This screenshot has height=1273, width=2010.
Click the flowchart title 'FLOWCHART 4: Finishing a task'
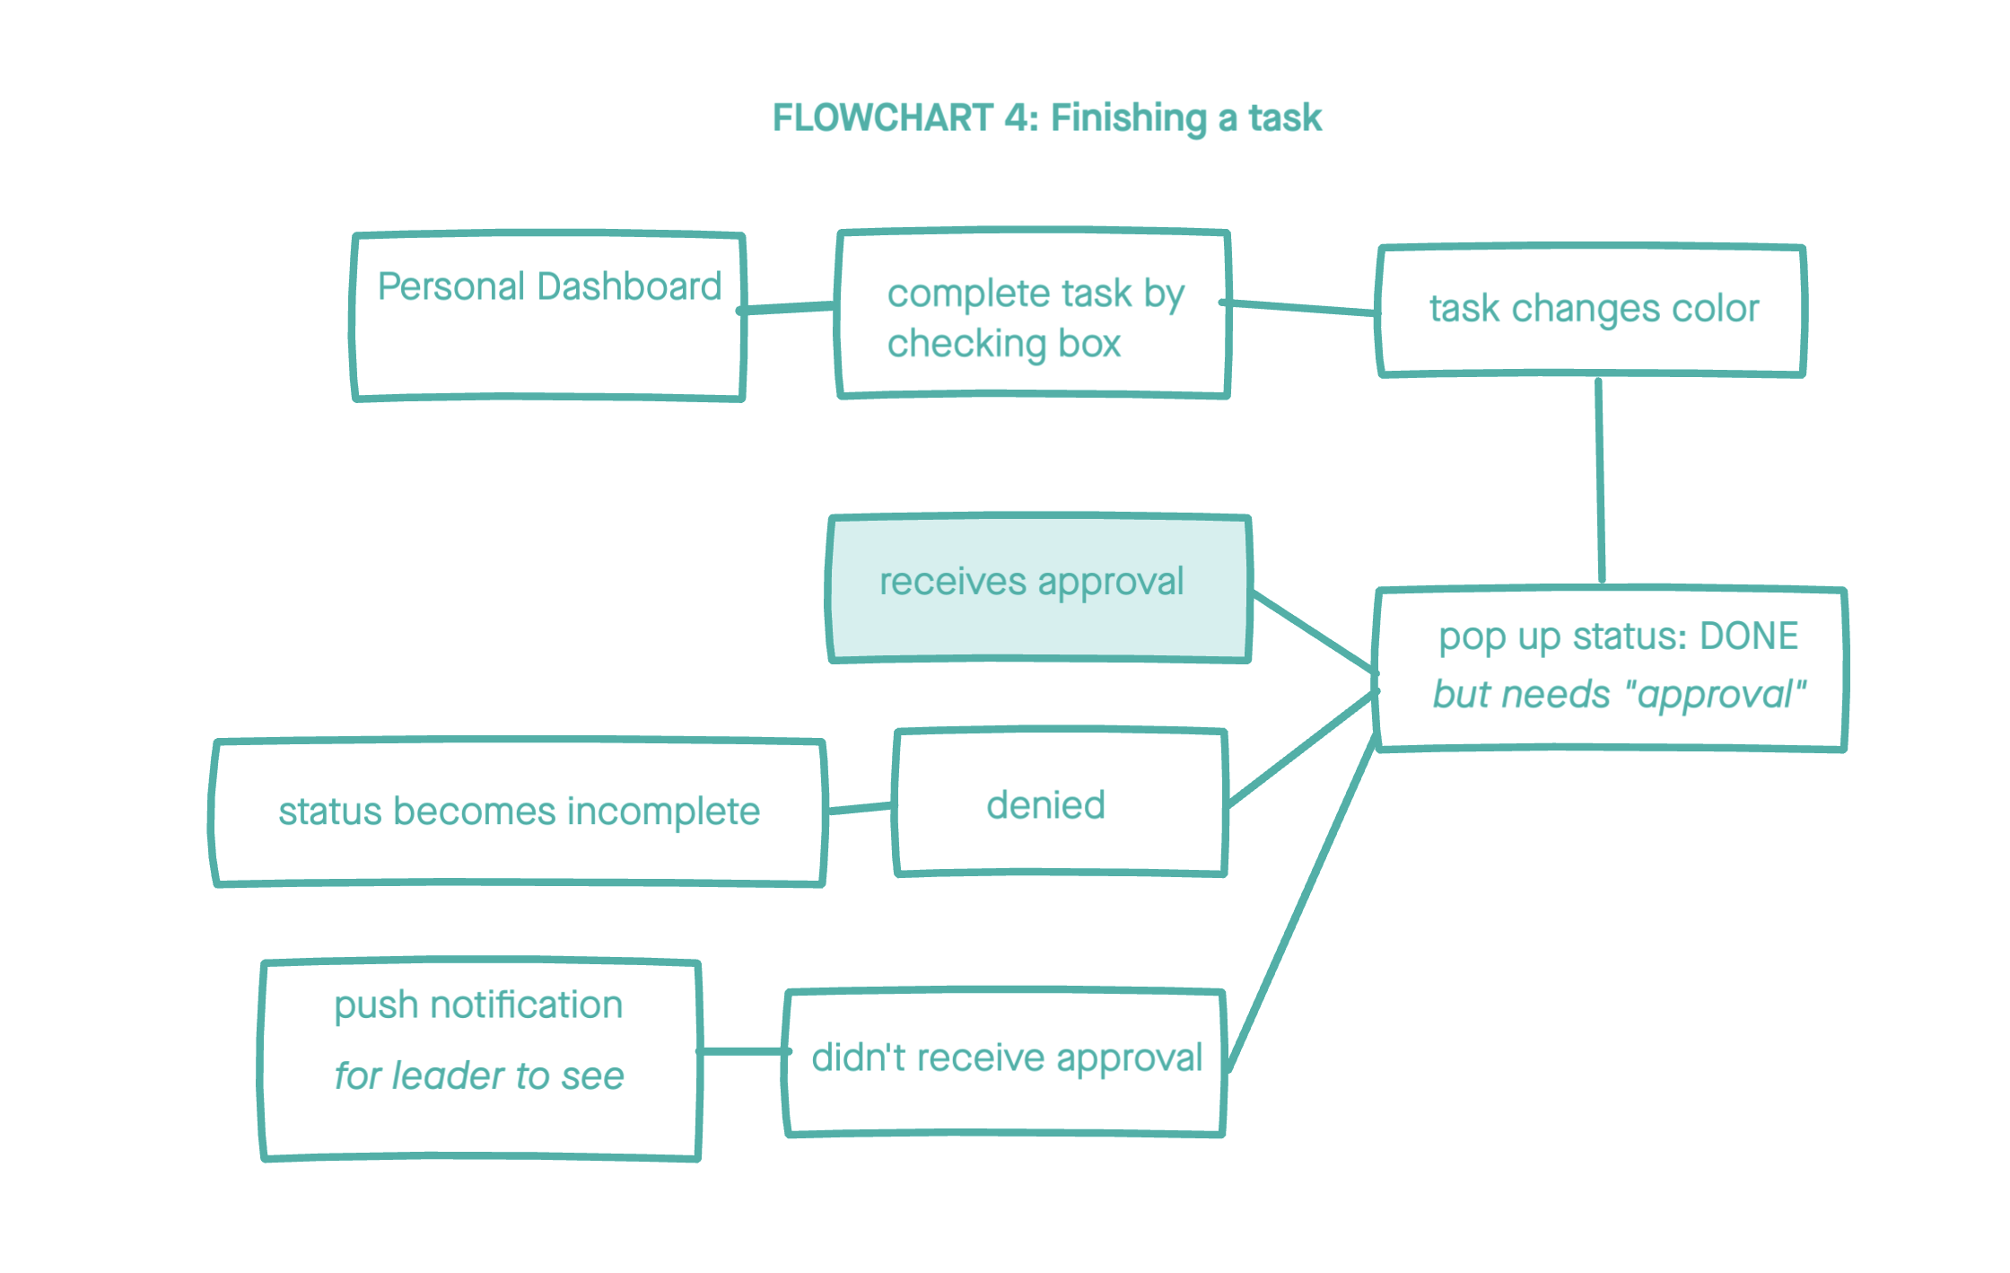tap(1047, 118)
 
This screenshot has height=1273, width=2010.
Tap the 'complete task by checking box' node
tap(1033, 313)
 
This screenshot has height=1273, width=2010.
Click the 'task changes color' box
tap(1592, 310)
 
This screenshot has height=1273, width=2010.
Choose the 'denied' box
tap(1060, 803)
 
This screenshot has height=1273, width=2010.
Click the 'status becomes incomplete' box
tap(518, 812)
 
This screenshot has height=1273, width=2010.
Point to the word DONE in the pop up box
tap(1749, 636)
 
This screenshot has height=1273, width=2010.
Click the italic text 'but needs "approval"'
tap(1619, 695)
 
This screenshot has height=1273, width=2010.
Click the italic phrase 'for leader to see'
tap(479, 1075)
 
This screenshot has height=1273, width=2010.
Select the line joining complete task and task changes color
tap(1301, 308)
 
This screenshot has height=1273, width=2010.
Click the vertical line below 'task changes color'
tap(1600, 480)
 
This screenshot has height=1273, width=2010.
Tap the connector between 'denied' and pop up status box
tap(1301, 748)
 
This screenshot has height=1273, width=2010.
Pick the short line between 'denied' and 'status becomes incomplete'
tap(860, 808)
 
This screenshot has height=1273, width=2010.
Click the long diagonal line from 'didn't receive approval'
tap(1301, 902)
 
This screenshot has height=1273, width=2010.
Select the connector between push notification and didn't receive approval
tap(743, 1051)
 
